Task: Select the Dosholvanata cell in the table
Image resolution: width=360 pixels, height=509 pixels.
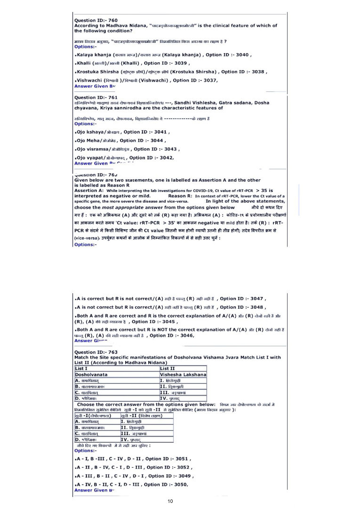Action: (x=91, y=374)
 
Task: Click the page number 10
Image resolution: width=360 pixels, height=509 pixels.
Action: (x=170, y=501)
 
